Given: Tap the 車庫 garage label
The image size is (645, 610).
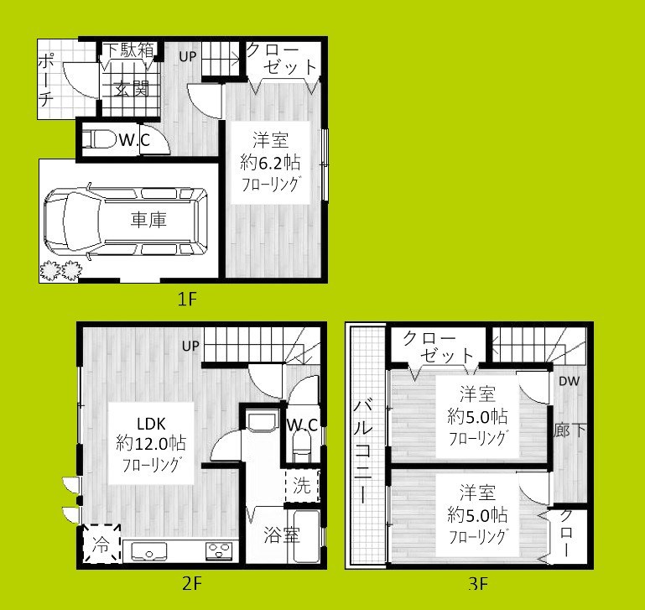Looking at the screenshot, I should coord(148,221).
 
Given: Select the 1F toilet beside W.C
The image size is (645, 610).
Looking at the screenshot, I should coord(99,139).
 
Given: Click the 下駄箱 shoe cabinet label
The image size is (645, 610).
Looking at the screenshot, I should coord(128,50).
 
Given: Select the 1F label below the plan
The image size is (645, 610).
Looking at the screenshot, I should coord(186,300).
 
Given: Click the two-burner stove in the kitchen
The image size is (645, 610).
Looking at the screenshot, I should coord(220,551).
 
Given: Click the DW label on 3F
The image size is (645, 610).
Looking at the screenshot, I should coord(570,381).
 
